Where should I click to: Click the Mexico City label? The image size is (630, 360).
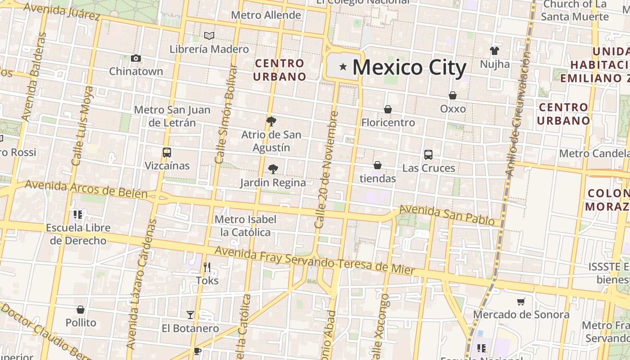click(x=409, y=67)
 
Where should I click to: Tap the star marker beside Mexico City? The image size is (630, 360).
click(x=343, y=67)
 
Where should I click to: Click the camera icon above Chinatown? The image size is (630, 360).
click(x=136, y=58)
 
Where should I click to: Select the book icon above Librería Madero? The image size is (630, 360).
click(x=209, y=36)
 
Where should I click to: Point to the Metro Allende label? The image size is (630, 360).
click(x=266, y=15)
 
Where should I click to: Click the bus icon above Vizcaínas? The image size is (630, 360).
click(x=167, y=153)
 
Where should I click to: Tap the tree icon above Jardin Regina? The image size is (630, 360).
click(x=273, y=169)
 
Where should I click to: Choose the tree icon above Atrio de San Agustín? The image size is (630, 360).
click(x=271, y=121)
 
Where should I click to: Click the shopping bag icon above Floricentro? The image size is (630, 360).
click(x=387, y=109)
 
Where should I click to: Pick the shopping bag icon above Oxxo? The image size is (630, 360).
click(x=453, y=95)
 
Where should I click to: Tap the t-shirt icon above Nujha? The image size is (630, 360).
click(x=495, y=50)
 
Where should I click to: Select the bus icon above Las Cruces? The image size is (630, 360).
click(x=428, y=155)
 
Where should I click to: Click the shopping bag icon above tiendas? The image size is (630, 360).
click(x=378, y=165)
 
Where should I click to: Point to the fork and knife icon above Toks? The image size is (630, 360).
click(x=207, y=267)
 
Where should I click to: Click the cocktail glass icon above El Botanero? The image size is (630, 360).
click(x=190, y=315)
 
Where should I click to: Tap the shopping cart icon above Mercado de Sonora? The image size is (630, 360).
click(x=521, y=301)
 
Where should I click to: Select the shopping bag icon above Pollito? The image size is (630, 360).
click(x=81, y=310)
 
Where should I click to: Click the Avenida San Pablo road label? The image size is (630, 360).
click(x=450, y=215)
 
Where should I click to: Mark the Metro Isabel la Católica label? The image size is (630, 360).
click(x=246, y=226)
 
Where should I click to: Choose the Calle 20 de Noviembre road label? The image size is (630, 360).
click(x=327, y=169)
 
